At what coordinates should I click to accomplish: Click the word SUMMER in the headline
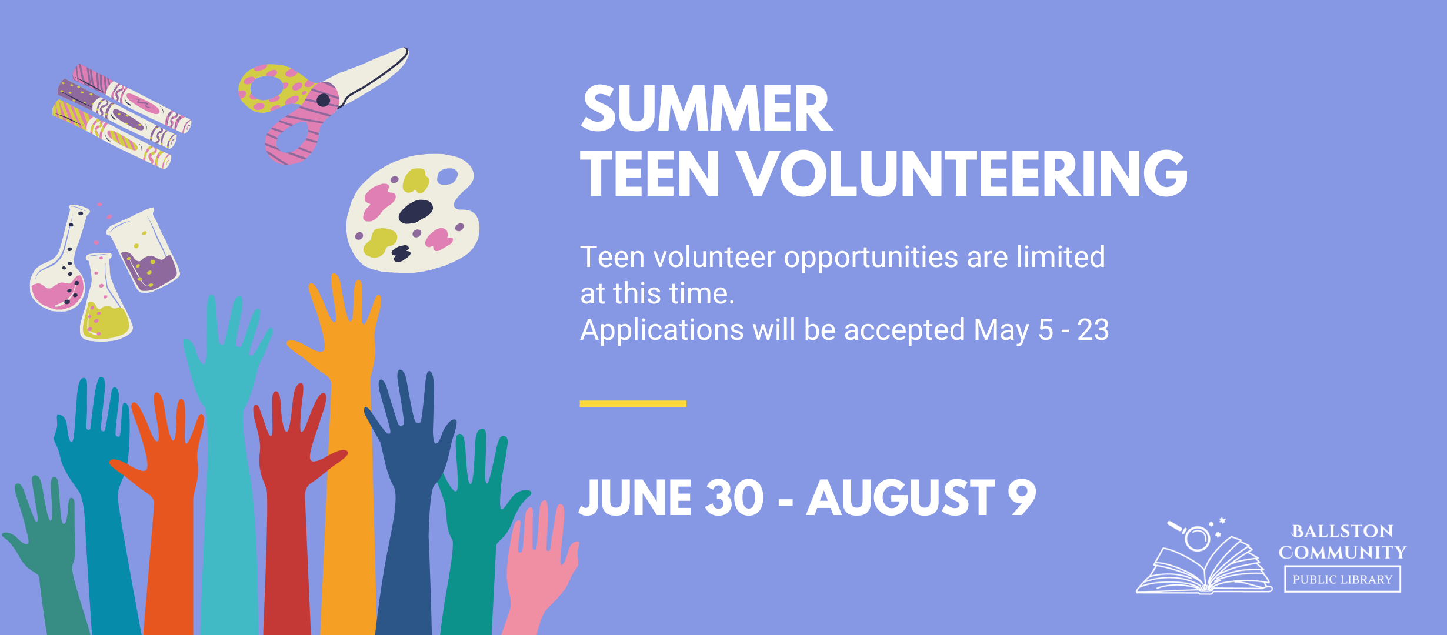click(706, 109)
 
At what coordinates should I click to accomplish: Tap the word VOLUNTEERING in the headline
click(962, 173)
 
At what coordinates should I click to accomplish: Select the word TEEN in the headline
click(650, 173)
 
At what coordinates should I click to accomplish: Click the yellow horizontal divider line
click(633, 404)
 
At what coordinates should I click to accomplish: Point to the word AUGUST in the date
click(901, 498)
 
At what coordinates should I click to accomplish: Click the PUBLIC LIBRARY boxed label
click(1342, 579)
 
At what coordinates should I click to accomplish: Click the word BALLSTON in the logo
click(1342, 532)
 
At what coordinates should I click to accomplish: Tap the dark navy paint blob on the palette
click(416, 212)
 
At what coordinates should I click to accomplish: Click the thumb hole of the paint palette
click(448, 176)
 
